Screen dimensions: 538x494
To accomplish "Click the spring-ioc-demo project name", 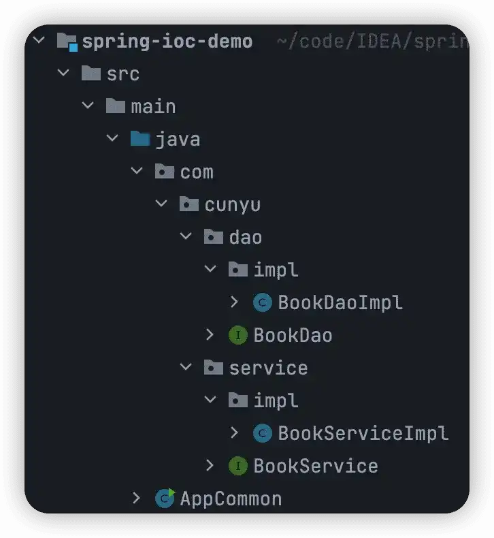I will [x=167, y=42].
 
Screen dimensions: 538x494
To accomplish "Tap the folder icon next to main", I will [x=115, y=106].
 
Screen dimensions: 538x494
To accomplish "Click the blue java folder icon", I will [x=139, y=139].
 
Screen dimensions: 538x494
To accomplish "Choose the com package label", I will [x=197, y=172].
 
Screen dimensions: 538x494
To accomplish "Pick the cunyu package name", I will [x=232, y=204].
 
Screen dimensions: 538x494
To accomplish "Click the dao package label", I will [x=245, y=237].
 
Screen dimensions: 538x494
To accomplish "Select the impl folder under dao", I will [x=276, y=270].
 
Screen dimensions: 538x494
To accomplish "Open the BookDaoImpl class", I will [x=340, y=302].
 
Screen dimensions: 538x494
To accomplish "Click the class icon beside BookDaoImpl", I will [x=262, y=302].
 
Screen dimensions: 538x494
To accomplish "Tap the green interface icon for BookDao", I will [x=237, y=335].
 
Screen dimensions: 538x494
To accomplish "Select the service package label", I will [x=268, y=368].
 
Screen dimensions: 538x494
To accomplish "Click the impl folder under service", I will [x=276, y=400].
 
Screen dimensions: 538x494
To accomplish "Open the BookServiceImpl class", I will [x=363, y=433].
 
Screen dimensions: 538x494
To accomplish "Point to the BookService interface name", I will [x=315, y=466].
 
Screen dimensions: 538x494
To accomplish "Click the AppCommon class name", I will [x=231, y=499].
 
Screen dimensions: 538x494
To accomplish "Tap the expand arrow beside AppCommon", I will [x=137, y=499].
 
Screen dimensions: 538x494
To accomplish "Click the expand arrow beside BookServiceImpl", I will [x=235, y=433].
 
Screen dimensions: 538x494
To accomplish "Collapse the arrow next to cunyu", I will [x=161, y=204].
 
